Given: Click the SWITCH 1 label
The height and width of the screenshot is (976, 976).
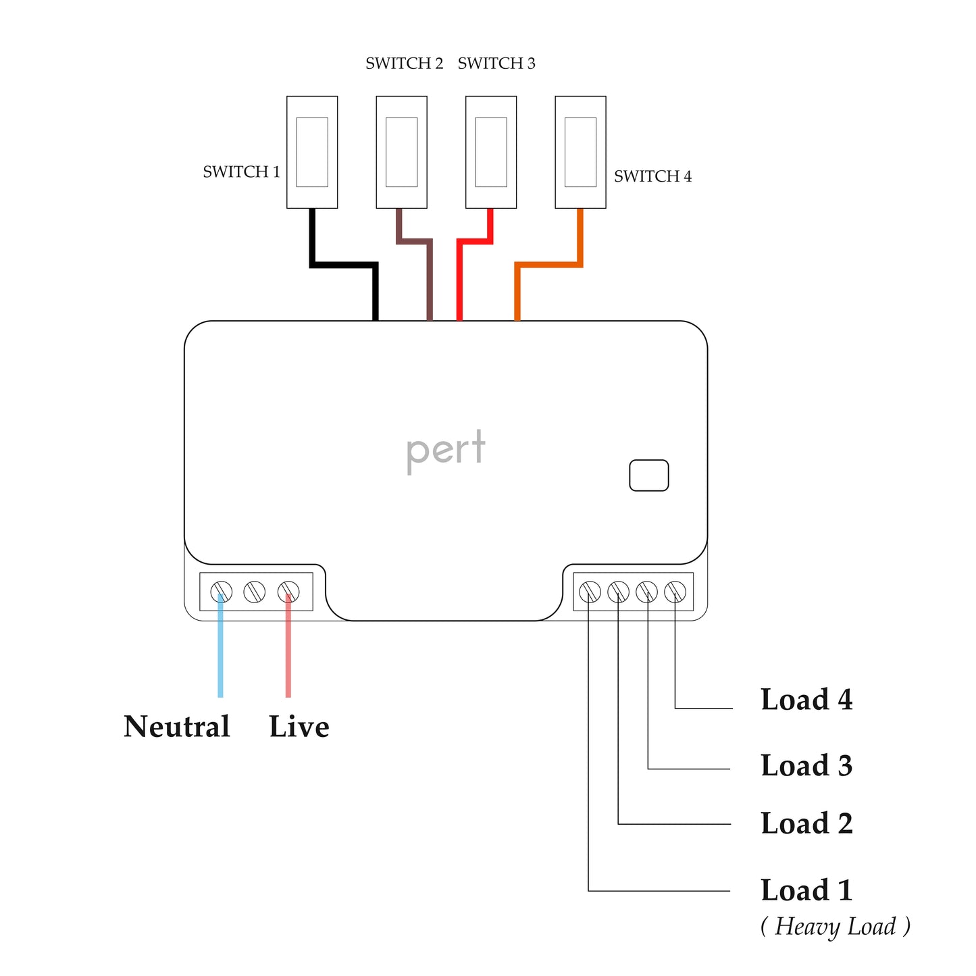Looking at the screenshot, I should click(241, 172).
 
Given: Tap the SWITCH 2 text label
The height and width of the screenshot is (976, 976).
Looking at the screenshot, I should click(404, 63).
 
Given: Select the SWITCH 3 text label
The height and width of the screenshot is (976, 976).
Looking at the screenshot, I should click(496, 63).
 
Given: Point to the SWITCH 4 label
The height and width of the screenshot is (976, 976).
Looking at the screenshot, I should click(652, 176).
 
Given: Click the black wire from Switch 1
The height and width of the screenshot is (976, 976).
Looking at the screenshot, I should click(343, 265).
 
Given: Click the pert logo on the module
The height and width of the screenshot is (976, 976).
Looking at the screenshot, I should click(446, 450).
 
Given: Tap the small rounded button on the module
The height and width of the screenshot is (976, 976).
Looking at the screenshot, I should click(648, 476).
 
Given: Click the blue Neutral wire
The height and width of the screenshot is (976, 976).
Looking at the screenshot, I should click(220, 648).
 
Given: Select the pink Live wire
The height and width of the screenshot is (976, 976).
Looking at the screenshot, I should click(288, 648).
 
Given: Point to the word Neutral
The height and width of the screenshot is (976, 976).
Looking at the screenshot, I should click(177, 727).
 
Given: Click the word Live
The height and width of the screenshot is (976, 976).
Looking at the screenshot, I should click(299, 727).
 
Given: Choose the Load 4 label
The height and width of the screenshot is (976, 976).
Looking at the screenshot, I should click(806, 700).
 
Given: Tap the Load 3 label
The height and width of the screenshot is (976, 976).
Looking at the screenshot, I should click(806, 766).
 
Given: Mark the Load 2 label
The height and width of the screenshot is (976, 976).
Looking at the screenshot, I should click(806, 824).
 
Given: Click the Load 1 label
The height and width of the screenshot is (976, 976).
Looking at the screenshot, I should click(806, 890).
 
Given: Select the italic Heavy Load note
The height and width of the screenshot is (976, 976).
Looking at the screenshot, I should click(836, 927).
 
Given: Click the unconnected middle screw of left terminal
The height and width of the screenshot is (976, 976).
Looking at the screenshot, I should click(255, 592).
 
